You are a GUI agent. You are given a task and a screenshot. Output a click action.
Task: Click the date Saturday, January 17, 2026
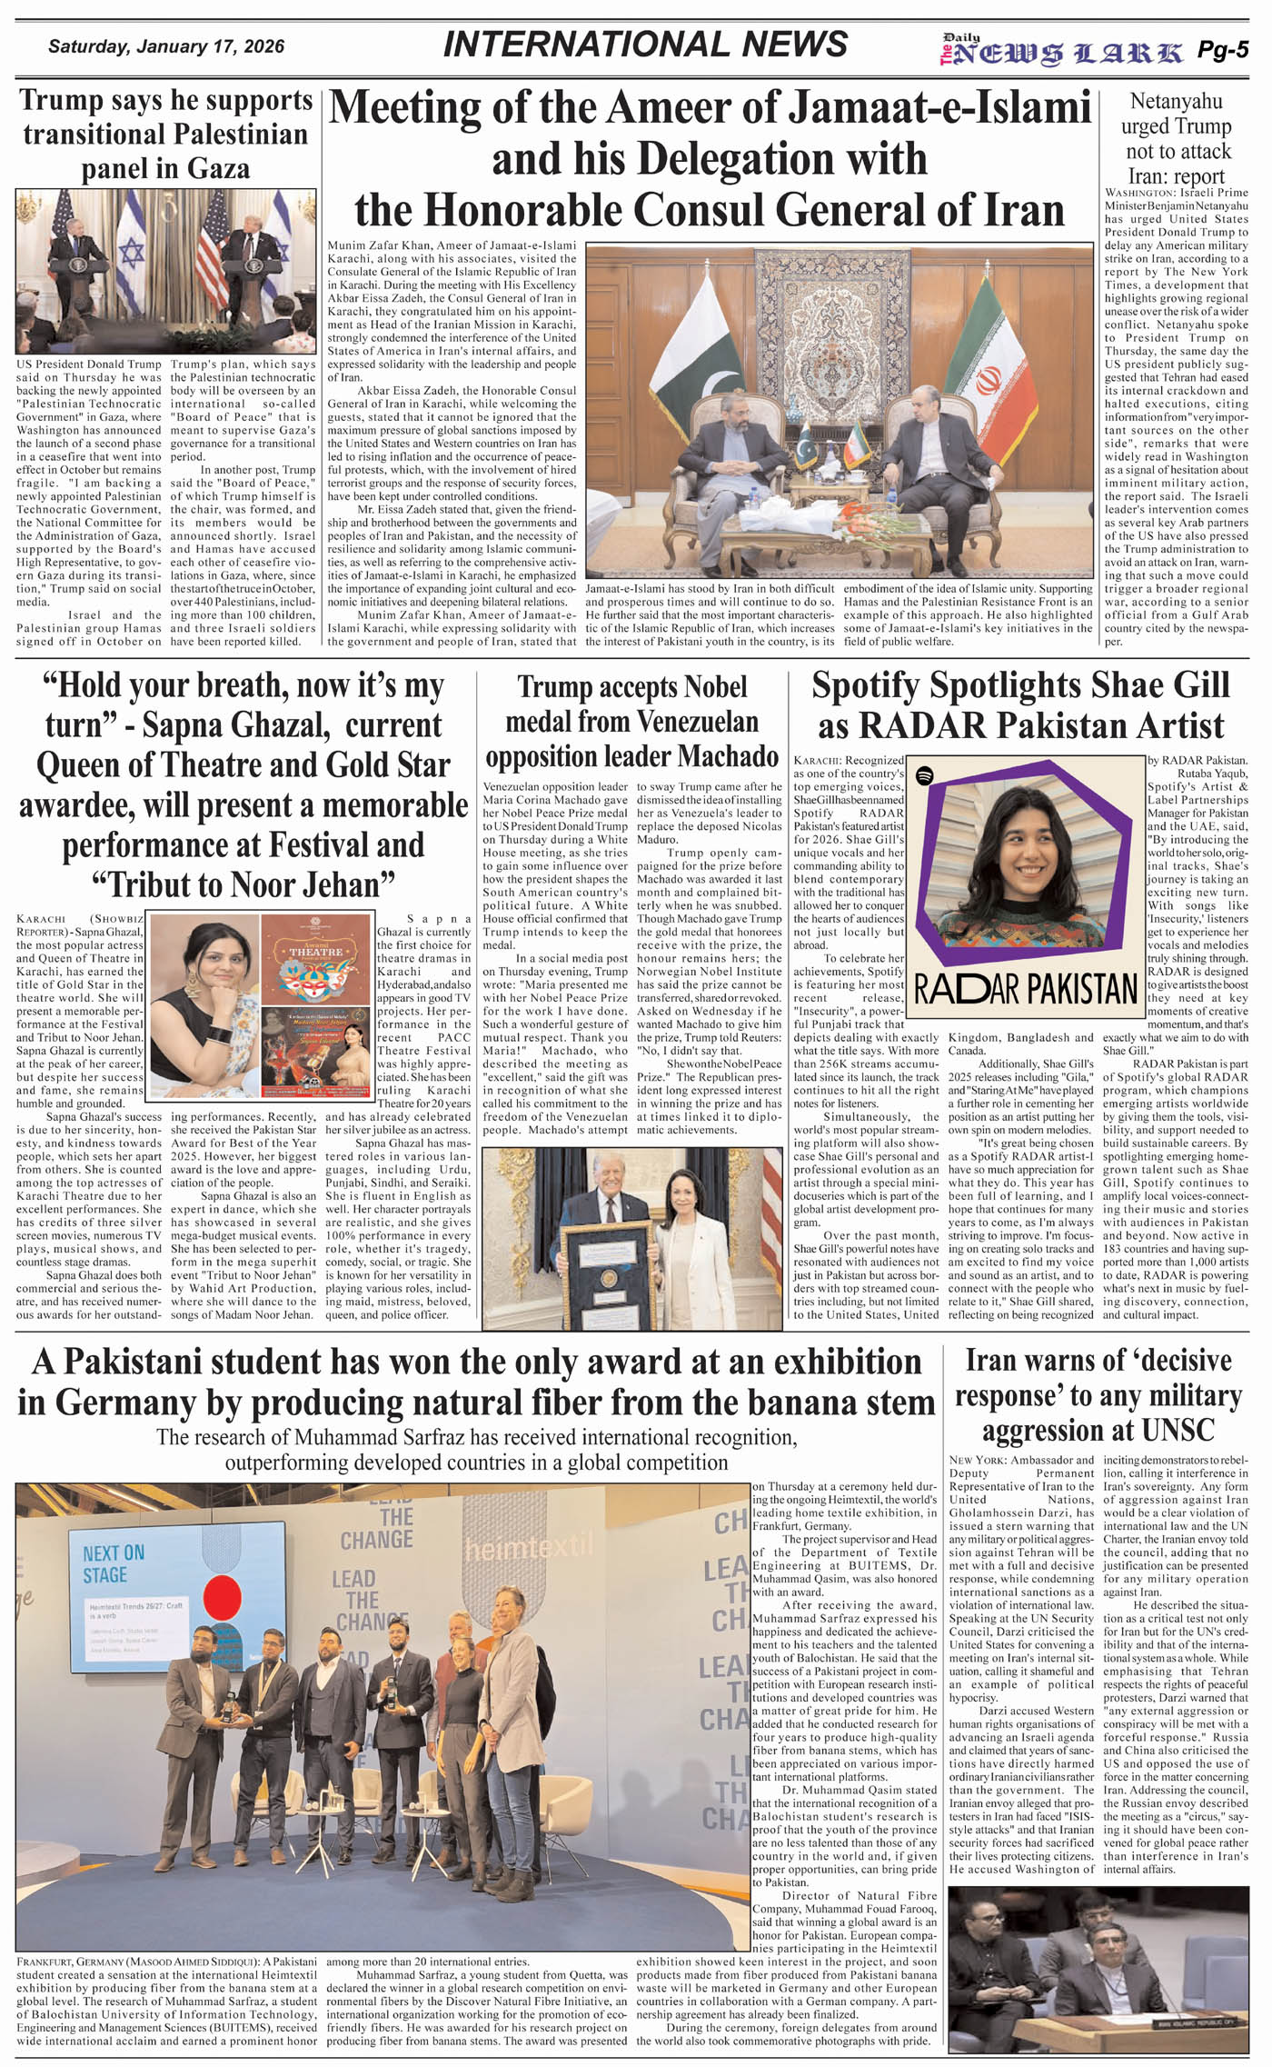click(x=165, y=46)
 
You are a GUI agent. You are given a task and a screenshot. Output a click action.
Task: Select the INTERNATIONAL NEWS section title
click(x=645, y=45)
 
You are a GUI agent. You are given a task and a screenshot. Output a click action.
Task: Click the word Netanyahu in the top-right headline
click(x=1176, y=101)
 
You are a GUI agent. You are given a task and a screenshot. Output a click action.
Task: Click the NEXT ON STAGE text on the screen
click(x=114, y=1563)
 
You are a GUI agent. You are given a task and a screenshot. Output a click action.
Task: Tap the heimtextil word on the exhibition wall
click(x=528, y=1544)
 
